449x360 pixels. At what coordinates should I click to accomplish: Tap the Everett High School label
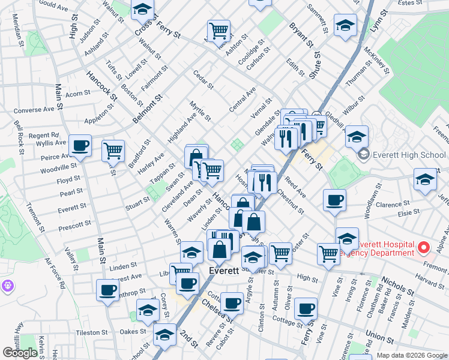409,155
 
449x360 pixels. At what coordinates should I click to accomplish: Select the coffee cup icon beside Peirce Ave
80,145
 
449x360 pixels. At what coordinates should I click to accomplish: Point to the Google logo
20,353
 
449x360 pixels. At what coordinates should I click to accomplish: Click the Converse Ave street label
34,110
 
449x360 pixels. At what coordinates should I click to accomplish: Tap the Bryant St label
301,35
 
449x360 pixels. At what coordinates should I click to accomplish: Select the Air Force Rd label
55,274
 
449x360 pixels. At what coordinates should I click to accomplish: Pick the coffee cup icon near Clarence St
334,200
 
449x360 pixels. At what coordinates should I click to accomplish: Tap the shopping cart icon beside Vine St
328,253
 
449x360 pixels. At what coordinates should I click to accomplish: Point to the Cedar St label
203,79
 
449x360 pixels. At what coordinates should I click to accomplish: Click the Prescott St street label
75,224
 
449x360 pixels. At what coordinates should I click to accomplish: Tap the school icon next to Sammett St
346,25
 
